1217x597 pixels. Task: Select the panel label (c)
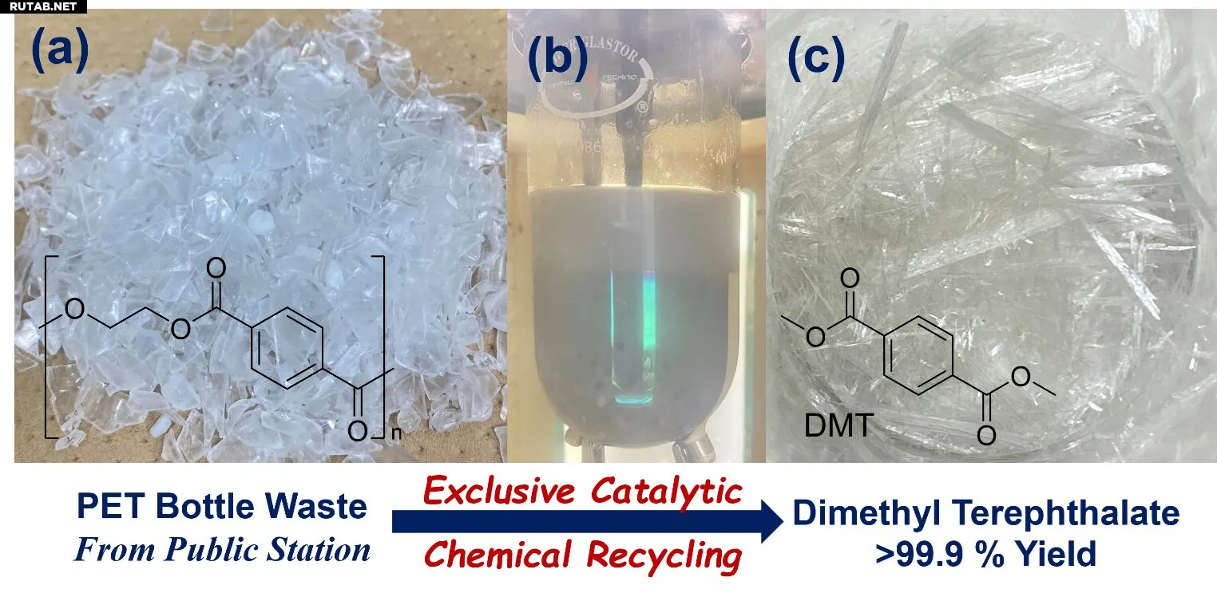815,57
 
